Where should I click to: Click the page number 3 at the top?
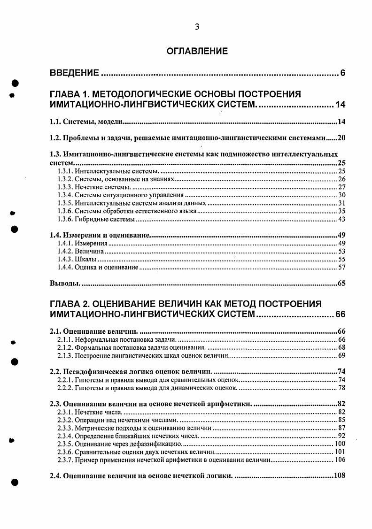tap(197, 27)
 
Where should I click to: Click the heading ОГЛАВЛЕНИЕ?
tap(197, 51)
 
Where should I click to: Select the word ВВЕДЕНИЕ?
tap(74, 73)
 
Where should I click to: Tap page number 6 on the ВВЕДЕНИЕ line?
tap(343, 73)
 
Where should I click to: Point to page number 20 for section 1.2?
tap(341, 138)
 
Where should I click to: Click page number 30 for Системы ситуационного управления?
tap(341, 195)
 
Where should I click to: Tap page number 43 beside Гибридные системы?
tap(341, 219)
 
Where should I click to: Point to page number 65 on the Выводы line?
tap(341, 284)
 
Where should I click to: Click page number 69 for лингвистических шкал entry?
tap(341, 355)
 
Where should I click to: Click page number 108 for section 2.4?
tap(339, 475)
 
